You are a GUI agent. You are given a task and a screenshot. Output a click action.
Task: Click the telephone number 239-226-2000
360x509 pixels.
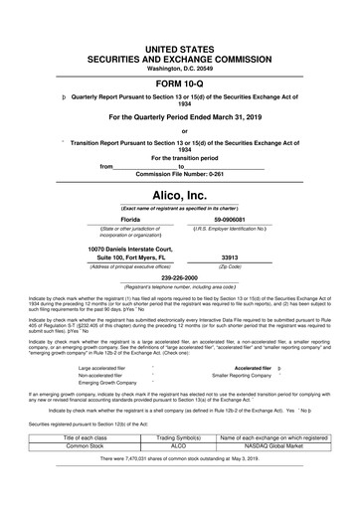click(179, 278)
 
